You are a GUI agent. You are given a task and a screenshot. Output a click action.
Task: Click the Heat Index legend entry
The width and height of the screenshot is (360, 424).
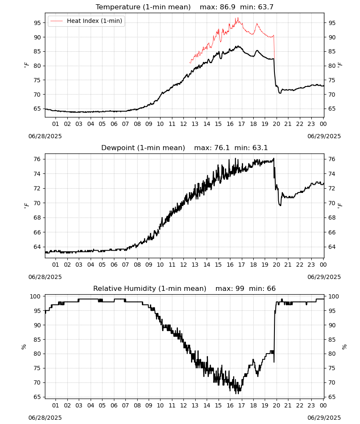86,21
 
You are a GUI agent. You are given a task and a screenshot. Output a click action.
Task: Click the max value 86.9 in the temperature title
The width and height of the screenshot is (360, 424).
228,7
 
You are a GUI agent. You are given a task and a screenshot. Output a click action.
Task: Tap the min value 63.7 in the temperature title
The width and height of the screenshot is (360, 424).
266,7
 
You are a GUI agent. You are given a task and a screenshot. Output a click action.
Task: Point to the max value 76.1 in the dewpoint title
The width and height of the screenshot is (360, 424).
222,148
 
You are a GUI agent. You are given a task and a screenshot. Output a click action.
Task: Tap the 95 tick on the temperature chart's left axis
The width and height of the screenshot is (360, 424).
37,23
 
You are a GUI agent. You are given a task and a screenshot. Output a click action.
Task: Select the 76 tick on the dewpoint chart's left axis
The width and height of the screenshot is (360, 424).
37,159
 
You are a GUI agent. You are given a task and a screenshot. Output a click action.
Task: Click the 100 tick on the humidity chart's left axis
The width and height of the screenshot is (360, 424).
36,296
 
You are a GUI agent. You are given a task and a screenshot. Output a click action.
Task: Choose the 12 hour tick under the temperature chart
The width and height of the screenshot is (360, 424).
183,124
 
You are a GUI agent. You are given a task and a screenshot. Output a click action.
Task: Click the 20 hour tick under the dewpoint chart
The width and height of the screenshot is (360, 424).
276,265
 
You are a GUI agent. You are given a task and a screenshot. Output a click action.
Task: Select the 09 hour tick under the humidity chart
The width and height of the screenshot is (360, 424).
149,405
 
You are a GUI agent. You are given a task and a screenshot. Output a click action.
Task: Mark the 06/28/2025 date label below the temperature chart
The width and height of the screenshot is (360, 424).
45,136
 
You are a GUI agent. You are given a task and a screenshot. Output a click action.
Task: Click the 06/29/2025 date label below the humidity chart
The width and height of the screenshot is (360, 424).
324,418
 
